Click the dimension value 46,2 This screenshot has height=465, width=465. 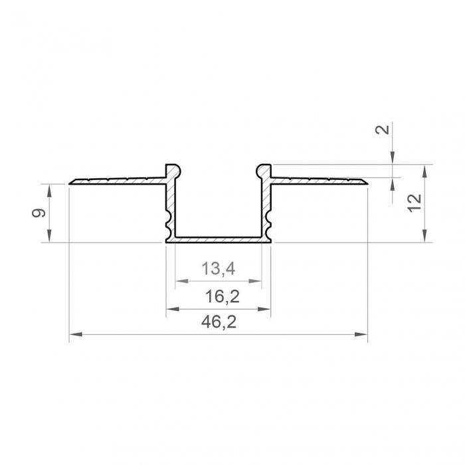pyautogui.click(x=219, y=322)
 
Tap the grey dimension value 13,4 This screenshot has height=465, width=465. pyautogui.click(x=219, y=269)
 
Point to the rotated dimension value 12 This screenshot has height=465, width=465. pyautogui.click(x=415, y=203)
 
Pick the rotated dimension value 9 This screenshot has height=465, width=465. pyautogui.click(x=39, y=213)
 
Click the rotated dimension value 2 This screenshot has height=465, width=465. pyautogui.click(x=381, y=129)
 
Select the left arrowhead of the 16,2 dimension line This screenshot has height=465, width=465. pyautogui.click(x=170, y=309)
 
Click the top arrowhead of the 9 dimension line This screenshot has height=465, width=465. pyautogui.click(x=49, y=189)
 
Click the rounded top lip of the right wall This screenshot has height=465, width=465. pyautogui.click(x=264, y=168)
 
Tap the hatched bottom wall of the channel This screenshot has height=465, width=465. pyautogui.click(x=219, y=238)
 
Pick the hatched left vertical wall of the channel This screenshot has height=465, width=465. pyautogui.click(x=168, y=206)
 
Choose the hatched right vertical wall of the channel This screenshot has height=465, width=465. pyautogui.click(x=268, y=206)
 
